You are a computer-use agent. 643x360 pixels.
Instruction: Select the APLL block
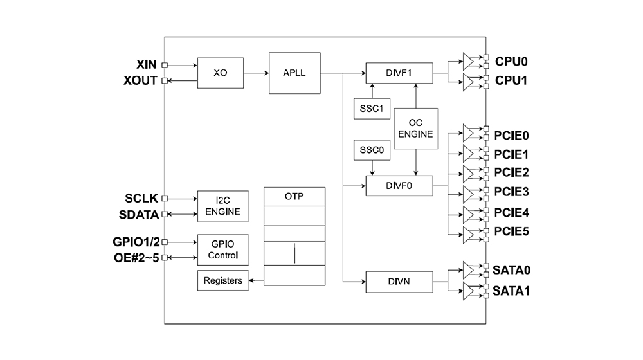click(x=293, y=73)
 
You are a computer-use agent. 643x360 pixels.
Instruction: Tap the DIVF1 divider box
click(x=399, y=73)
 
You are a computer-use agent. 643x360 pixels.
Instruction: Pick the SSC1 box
click(x=368, y=109)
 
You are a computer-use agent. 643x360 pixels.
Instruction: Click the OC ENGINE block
click(x=416, y=129)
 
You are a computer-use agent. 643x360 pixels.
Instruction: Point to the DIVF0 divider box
click(x=399, y=185)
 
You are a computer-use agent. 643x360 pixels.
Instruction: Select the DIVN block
click(x=399, y=281)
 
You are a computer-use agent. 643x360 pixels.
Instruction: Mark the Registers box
click(x=222, y=281)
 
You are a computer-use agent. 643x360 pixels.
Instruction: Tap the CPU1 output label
click(x=511, y=82)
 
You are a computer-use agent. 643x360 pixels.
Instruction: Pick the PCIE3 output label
click(x=512, y=192)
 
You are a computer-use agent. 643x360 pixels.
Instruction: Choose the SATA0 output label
click(x=512, y=270)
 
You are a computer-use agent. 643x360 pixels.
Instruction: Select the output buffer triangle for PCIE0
click(x=471, y=134)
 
